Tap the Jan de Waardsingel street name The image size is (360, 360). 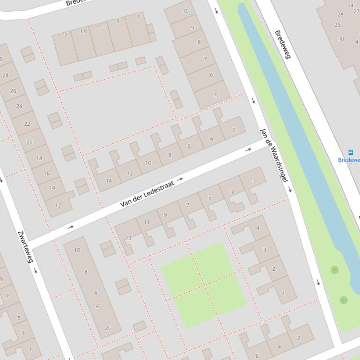pyautogui.click(x=273, y=154)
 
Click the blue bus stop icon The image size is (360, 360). pyautogui.click(x=350, y=152)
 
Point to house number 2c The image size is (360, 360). pyautogui.click(x=108, y=328)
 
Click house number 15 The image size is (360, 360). pyautogui.click(x=65, y=33)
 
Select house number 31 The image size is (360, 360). pyautogui.click(x=342, y=39)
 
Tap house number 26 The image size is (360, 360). pyautogui.click(x=13, y=91)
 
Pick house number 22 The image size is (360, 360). pyautogui.click(x=27, y=124)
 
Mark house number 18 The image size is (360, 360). pyautogui.click(x=39, y=158)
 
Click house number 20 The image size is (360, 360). pyautogui.click(x=29, y=141)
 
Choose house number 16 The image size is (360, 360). pyautogui.click(x=47, y=173)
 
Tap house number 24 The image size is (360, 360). pyautogui.click(x=19, y=106)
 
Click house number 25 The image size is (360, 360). pyautogui.click(x=338, y=25)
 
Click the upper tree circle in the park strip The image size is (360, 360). pyautogui.click(x=334, y=270)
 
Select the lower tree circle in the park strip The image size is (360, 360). pyautogui.click(x=344, y=300)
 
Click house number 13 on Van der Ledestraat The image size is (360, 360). pyautogui.click(x=128, y=238)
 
